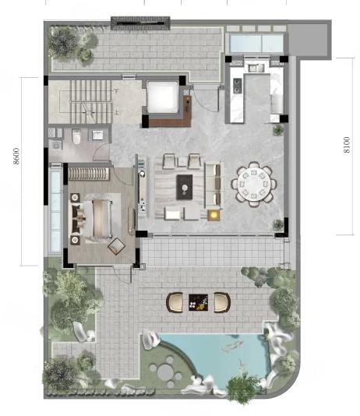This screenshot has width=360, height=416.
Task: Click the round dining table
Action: click(x=254, y=184)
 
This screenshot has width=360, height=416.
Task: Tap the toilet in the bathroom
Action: click(x=76, y=136)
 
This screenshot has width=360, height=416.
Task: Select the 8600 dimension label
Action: click(x=16, y=156)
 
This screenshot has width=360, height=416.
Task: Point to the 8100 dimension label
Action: click(x=347, y=145)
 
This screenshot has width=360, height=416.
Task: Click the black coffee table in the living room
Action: click(x=185, y=187)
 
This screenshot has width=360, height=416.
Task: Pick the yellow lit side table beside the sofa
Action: click(x=214, y=215)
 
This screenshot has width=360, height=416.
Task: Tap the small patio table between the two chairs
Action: click(x=198, y=302)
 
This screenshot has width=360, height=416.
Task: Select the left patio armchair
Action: click(x=175, y=302)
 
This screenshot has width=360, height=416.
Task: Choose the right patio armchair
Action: click(x=222, y=302)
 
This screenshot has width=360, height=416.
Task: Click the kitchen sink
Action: click(x=256, y=68)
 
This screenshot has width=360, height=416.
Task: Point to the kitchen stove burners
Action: click(x=238, y=86)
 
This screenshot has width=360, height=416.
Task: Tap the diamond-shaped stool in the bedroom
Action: click(x=116, y=246)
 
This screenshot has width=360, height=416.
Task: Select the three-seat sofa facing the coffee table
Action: click(x=213, y=185)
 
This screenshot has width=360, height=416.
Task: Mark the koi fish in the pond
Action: click(x=231, y=346)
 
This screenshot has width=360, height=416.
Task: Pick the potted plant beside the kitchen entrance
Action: click(x=278, y=129)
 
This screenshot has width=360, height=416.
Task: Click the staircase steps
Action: click(x=90, y=101)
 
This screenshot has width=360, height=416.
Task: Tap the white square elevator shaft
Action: click(x=162, y=97)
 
